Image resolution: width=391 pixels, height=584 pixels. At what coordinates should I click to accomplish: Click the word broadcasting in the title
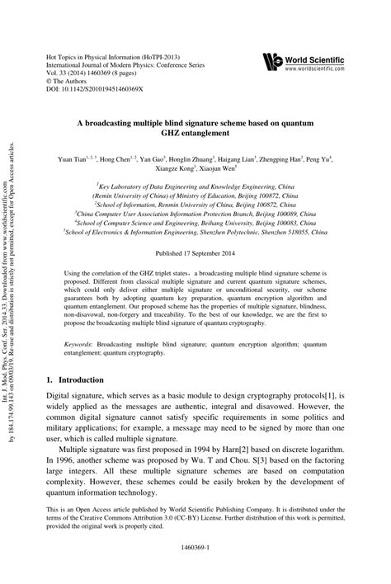click(x=144, y=121)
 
